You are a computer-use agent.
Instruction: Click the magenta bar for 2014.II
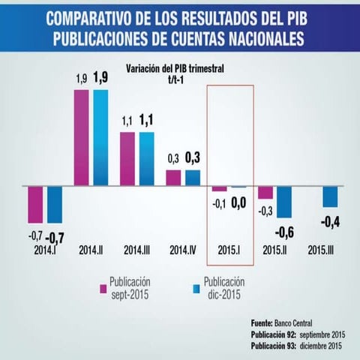(82, 137)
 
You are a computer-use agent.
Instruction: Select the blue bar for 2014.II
(100, 137)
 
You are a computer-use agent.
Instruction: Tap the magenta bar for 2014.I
(35, 204)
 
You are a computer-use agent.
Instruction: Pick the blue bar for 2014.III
(146, 158)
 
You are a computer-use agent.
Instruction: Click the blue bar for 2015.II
(284, 202)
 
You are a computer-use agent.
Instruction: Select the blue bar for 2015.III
(330, 196)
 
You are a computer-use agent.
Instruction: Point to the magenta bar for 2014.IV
(173, 178)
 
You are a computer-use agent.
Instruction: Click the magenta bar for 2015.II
(265, 192)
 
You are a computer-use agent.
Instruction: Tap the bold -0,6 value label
(285, 232)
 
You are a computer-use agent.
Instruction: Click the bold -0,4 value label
(331, 222)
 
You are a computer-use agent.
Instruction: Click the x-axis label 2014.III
(137, 249)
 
